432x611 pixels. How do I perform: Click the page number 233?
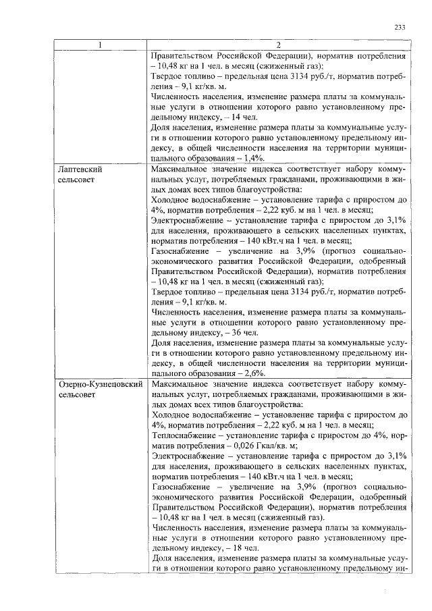pos(399,28)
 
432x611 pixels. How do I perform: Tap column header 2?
pos(278,45)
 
